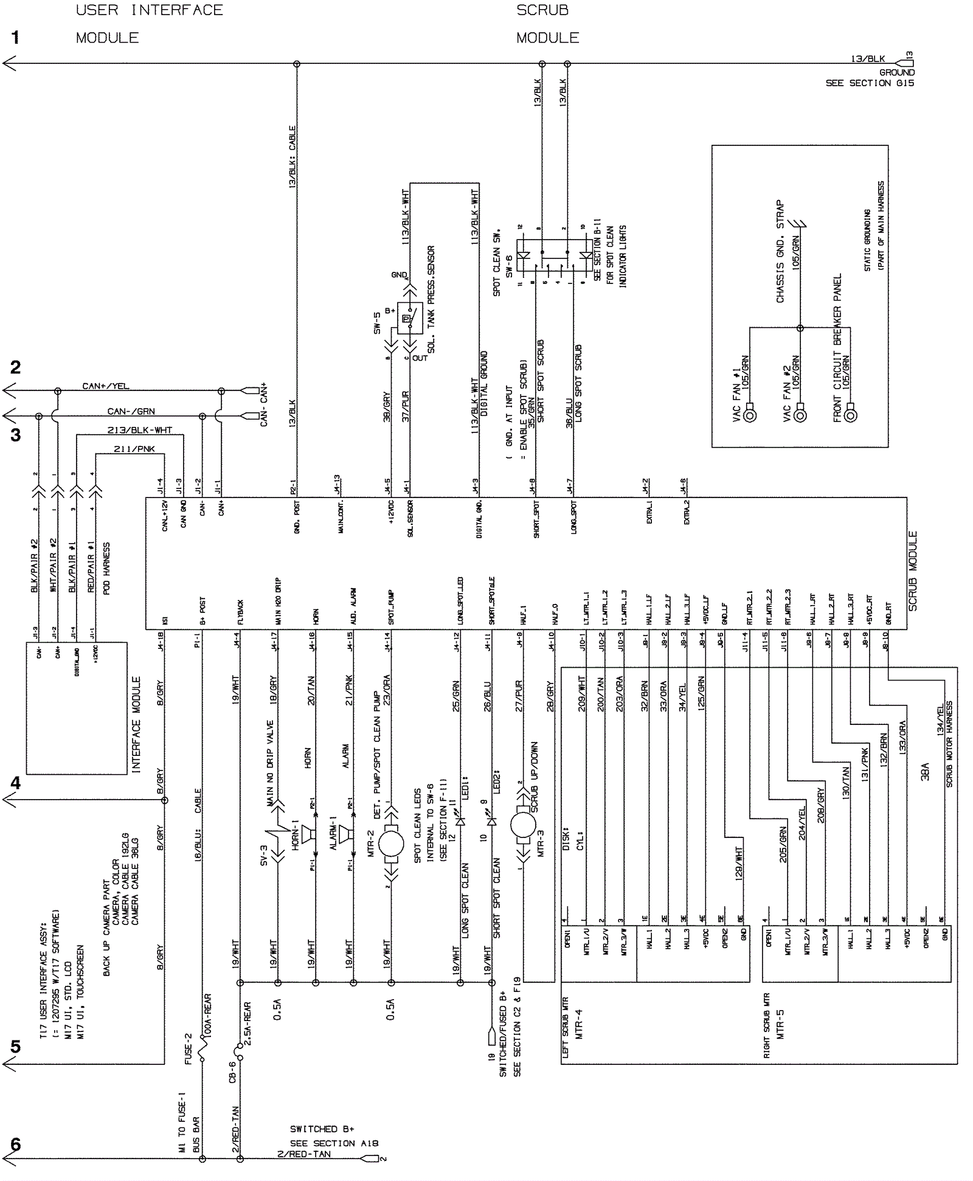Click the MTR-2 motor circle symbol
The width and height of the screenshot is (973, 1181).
coord(391,844)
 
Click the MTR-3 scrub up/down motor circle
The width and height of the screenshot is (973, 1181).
coord(522,825)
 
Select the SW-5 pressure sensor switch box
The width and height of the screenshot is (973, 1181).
coord(409,317)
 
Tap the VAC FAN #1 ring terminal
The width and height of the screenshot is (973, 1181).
coord(750,416)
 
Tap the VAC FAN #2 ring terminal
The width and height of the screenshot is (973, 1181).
coord(800,416)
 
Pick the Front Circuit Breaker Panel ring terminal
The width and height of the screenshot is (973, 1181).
coord(851,416)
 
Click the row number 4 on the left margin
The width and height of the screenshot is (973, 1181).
coord(15,783)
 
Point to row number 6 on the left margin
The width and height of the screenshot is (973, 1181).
coord(15,1145)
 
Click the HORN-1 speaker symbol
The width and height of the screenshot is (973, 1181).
coord(308,834)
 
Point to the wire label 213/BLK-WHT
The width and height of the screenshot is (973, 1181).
coord(140,431)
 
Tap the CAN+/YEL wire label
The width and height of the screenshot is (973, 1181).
coord(106,386)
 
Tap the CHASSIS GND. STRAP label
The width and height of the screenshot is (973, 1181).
coord(780,251)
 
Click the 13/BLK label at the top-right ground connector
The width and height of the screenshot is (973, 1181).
coord(868,59)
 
